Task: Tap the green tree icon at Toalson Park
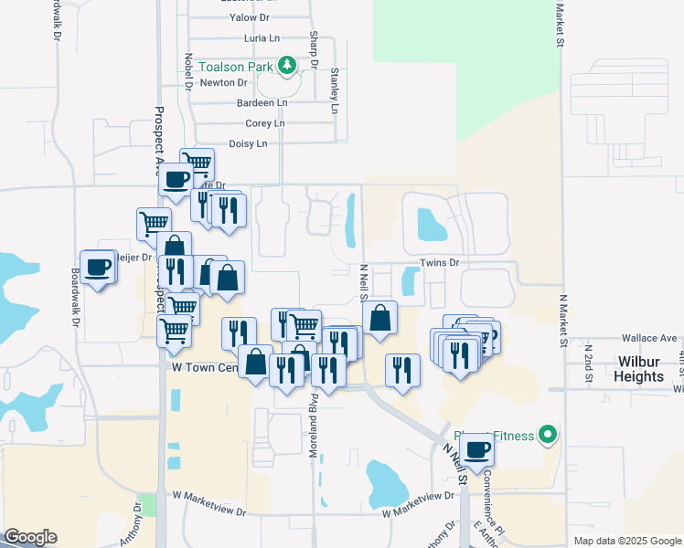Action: coord(288,64)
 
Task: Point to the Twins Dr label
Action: coord(438,262)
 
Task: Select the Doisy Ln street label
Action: coord(248,143)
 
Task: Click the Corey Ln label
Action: coord(265,123)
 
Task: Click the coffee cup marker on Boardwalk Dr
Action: coord(98,268)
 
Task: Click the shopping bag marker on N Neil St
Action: coord(379,319)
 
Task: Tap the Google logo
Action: coord(30,537)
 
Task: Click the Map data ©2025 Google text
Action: coord(626,541)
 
